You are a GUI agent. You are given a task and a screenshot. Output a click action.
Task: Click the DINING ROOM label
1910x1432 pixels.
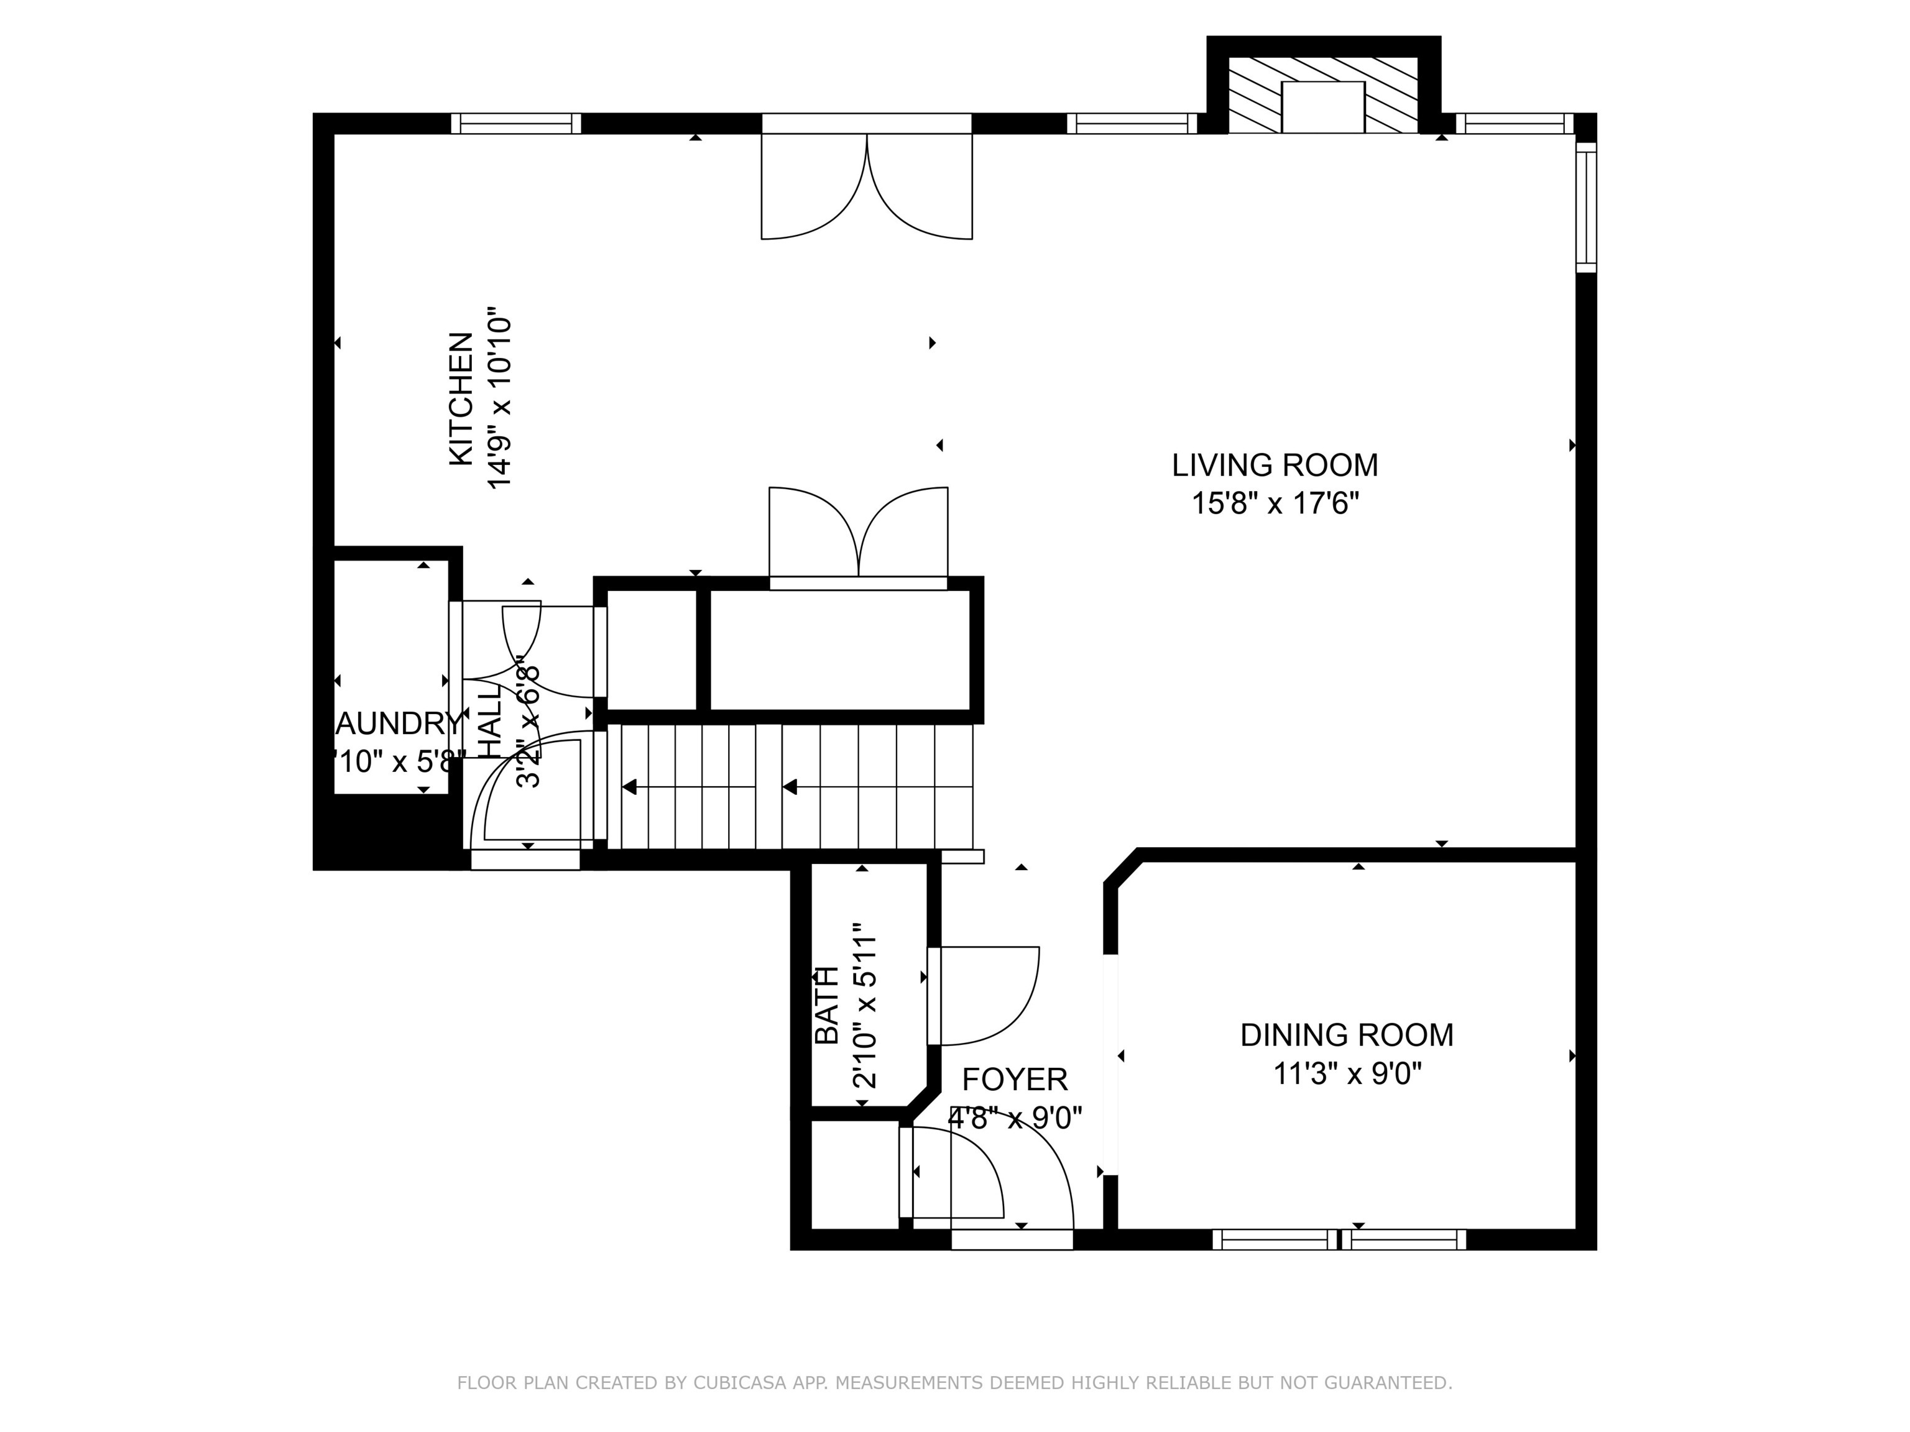pyautogui.click(x=1346, y=1035)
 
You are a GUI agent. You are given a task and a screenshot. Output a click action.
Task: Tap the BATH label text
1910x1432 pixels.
pyautogui.click(x=827, y=1005)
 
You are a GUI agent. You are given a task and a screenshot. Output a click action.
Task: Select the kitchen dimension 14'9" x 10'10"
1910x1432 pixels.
pyautogui.click(x=500, y=402)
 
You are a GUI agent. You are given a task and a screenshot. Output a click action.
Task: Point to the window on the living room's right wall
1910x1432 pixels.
pyautogui.click(x=1586, y=207)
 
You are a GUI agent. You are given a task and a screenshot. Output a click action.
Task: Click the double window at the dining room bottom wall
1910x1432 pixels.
pyautogui.click(x=1339, y=1239)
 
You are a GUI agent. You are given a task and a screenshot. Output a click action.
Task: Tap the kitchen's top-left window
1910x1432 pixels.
pyautogui.click(x=516, y=124)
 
